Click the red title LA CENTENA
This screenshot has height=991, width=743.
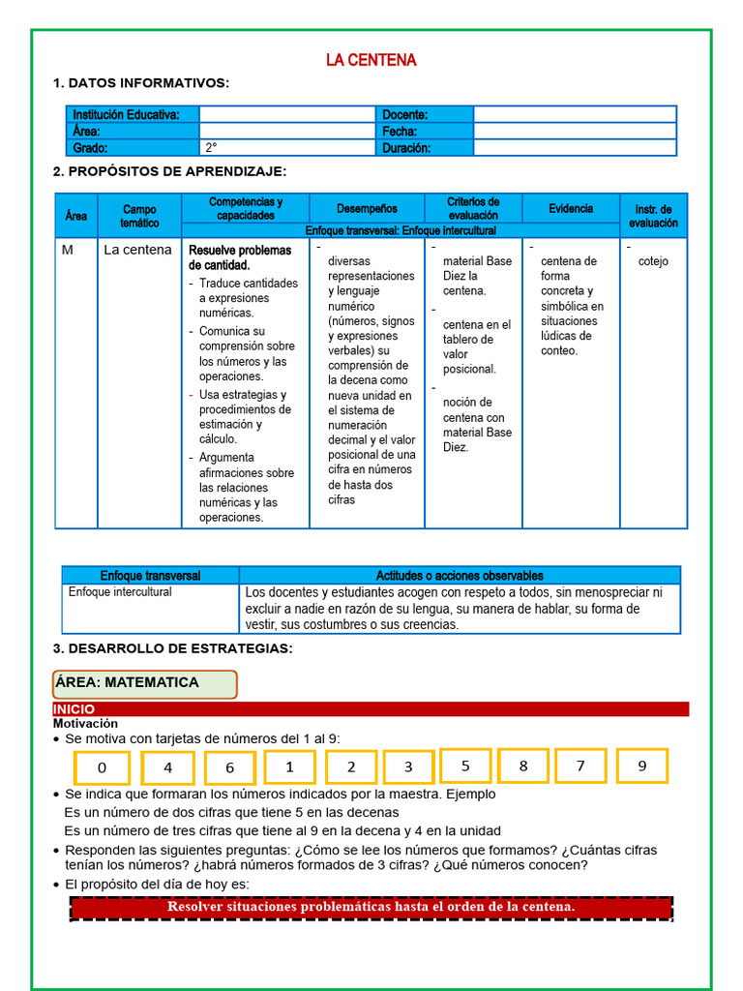tap(371, 60)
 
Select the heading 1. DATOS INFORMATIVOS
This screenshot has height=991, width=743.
tap(141, 83)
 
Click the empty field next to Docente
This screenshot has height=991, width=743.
tap(575, 114)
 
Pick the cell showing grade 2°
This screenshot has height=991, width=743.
tap(286, 148)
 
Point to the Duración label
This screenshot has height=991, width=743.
tap(406, 148)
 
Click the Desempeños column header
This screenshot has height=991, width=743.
tap(367, 208)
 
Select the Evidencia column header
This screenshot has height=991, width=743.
tap(571, 208)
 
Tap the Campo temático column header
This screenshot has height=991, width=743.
tap(139, 216)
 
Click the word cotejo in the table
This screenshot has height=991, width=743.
tap(653, 261)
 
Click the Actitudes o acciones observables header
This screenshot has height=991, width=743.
tap(460, 575)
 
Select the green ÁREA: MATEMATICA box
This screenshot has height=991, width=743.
tap(144, 683)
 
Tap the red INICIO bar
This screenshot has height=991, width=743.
tap(371, 709)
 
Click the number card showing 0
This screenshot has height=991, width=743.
tap(103, 767)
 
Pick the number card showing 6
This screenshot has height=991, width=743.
tap(229, 767)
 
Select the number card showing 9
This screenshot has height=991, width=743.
tap(642, 766)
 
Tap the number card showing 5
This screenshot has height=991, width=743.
tap(465, 766)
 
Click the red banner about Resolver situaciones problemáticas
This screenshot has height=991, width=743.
tap(371, 908)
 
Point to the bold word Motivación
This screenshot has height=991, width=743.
tap(85, 723)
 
